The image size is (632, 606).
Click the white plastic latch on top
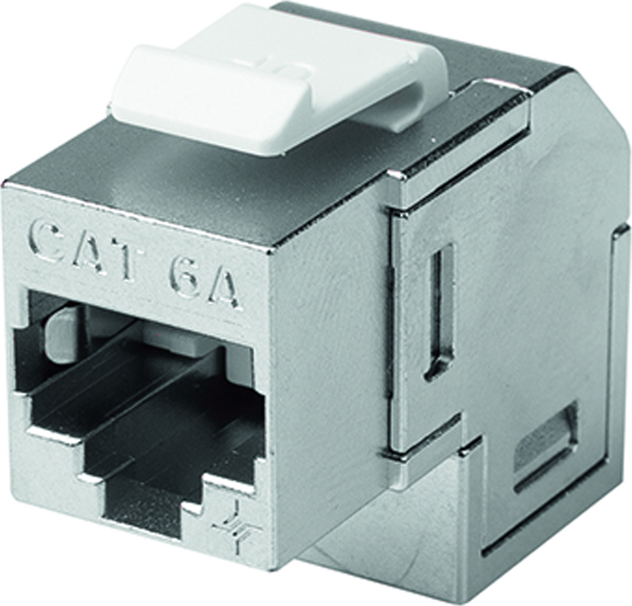click(x=278, y=79)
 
